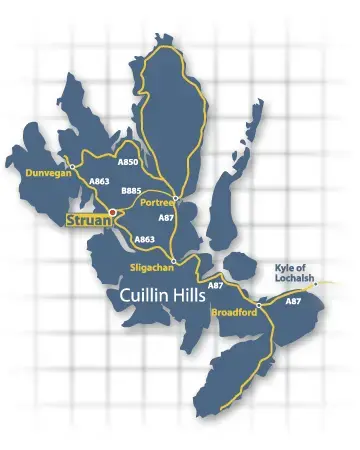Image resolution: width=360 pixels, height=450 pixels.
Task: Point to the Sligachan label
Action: click(153, 267)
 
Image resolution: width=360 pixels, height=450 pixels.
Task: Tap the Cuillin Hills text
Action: click(162, 297)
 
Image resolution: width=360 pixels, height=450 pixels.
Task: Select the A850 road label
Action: click(128, 162)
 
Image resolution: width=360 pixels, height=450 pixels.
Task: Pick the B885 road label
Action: click(130, 190)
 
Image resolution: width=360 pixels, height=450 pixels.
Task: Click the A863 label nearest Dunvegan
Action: click(98, 182)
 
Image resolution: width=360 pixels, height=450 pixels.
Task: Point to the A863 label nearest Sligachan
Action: click(144, 240)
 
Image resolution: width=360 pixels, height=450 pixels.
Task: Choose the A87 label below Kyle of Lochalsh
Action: click(293, 301)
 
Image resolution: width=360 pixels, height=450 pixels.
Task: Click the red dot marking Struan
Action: click(113, 212)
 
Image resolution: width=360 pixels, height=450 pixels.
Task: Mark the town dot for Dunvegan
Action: click(73, 164)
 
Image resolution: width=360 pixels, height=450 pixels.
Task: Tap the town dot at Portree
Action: click(174, 196)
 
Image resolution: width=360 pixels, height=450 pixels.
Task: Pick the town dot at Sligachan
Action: click(175, 260)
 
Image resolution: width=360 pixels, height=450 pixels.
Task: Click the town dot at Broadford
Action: click(258, 304)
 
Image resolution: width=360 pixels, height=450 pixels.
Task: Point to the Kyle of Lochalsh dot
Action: click(316, 283)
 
